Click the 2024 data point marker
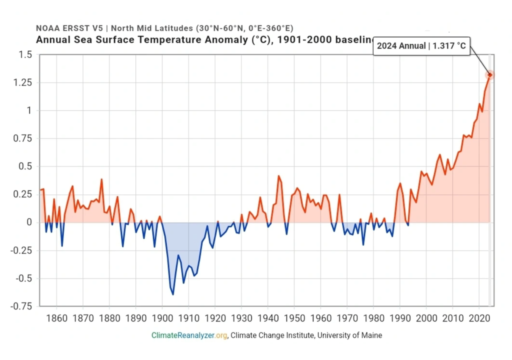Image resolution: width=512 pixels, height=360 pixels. point(490,75)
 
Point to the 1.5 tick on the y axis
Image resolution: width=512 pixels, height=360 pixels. point(24,54)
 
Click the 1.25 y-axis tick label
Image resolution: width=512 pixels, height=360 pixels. point(22,82)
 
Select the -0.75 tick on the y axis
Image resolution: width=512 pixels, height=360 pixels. point(20,306)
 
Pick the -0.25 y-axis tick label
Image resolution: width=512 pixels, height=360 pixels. point(20,250)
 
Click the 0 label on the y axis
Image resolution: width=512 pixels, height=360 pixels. point(29,222)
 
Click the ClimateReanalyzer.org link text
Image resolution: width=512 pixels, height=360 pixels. point(190,335)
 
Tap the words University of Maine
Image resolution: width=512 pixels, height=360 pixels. point(349,335)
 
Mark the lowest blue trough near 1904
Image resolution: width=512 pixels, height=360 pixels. point(173,294)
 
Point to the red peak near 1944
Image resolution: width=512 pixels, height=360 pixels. point(278,175)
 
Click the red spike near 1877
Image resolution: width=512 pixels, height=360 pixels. point(101,179)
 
